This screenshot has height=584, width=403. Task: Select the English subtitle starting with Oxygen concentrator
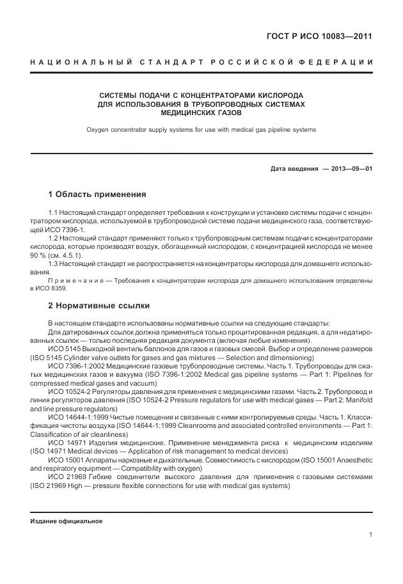point(201,130)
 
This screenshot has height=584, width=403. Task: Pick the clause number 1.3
point(54,264)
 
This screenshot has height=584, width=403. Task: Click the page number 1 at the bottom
point(370,535)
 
